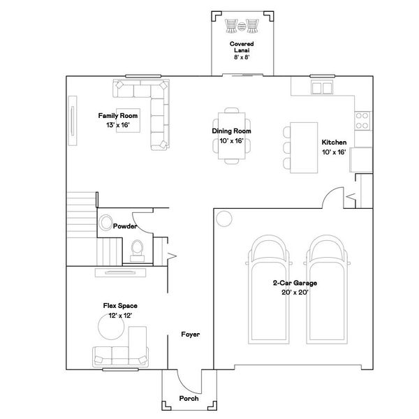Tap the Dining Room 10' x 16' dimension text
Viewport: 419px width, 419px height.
(231, 140)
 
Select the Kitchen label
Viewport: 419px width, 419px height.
(334, 142)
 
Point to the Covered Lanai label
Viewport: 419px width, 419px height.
(241, 45)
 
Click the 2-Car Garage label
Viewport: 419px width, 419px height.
(295, 283)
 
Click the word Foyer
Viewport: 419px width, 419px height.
(190, 335)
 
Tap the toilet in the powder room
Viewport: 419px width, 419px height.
(138, 248)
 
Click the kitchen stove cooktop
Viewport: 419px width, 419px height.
(362, 120)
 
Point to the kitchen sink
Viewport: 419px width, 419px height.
(323, 87)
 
